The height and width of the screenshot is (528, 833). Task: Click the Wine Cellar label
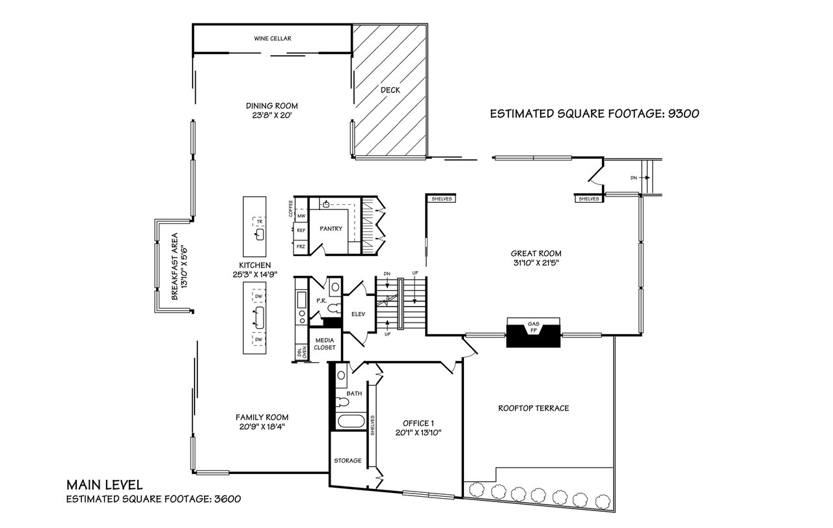tap(273, 38)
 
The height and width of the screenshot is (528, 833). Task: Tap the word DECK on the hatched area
tap(390, 90)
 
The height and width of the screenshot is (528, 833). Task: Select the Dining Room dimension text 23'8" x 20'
tap(272, 115)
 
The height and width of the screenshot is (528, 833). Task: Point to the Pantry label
tap(331, 229)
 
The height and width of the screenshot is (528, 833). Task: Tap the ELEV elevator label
tap(359, 314)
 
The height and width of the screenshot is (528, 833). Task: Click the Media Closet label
tap(325, 344)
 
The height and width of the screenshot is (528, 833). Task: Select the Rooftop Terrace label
tap(534, 408)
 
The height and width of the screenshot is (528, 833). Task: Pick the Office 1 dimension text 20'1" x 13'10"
tap(418, 432)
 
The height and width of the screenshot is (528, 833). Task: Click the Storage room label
tap(348, 461)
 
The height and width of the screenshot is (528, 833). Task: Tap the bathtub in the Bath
tap(351, 422)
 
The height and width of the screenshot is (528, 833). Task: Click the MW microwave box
tap(301, 215)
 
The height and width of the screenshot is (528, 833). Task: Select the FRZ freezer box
tap(301, 246)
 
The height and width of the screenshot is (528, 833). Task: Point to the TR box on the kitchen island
tap(260, 222)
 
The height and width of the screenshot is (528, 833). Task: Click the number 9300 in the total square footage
tap(683, 113)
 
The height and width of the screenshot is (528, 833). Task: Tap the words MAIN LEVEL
tap(105, 484)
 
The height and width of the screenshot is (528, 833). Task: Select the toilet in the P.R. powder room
tap(334, 308)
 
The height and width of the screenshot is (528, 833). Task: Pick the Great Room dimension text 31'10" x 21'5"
tap(536, 263)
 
